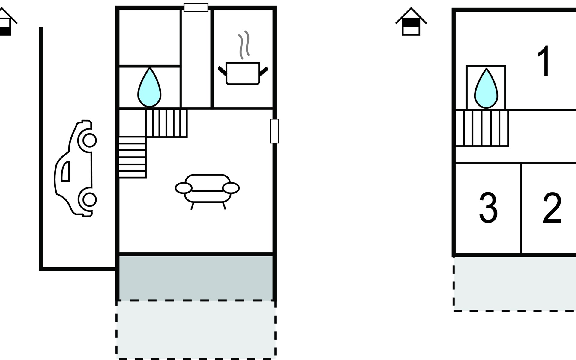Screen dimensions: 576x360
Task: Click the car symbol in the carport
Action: tap(75, 168)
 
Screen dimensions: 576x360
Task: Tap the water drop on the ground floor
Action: tap(149, 87)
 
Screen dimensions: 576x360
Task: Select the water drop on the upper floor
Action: tap(486, 88)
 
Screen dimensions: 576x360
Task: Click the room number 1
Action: tap(544, 61)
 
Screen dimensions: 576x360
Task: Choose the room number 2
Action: tap(552, 208)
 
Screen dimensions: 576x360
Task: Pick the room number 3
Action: tap(488, 208)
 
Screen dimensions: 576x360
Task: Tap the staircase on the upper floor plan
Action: tap(482, 128)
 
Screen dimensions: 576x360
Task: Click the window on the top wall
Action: tap(196, 7)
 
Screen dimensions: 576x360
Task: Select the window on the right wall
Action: tap(274, 131)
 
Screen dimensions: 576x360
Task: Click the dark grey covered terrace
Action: tap(196, 278)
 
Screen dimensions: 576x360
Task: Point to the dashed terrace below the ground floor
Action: tap(196, 329)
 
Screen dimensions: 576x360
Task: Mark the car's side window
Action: tap(66, 171)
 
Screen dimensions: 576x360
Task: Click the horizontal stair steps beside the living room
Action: tap(132, 157)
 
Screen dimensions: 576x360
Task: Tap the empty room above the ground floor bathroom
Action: tap(150, 37)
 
